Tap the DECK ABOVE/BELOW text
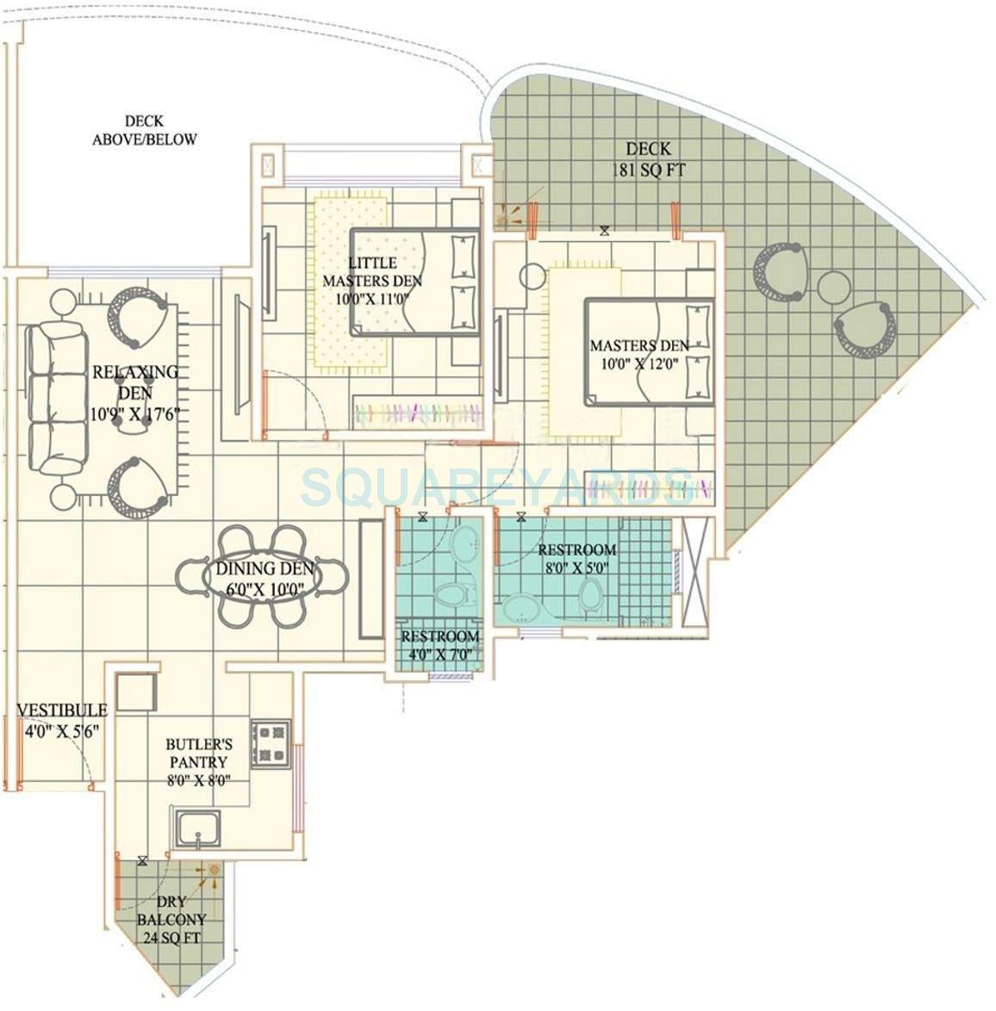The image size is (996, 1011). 144,130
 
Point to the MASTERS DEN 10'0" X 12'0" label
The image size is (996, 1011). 638,354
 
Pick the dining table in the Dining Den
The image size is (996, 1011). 262,575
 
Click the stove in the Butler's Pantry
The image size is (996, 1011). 271,744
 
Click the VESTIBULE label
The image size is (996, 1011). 62,719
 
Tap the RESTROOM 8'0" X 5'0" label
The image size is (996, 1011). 577,559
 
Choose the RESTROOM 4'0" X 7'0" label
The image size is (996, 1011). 440,644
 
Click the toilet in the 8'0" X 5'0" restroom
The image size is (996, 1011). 589,593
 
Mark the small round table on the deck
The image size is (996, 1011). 832,287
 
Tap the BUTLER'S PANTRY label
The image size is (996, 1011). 198,762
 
